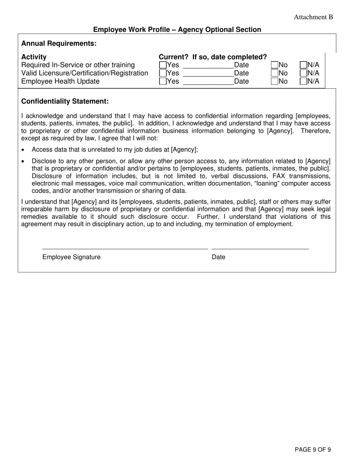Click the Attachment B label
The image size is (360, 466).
pos(313,17)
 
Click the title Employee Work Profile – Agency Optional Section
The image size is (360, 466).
pos(177,30)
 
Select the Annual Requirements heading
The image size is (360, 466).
pos(59,44)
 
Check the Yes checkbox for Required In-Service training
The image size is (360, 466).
pos(163,65)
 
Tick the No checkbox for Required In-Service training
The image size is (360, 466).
pos(275,65)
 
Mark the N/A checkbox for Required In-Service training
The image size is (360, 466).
pos(303,65)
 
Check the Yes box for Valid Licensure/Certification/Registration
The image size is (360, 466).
pos(163,73)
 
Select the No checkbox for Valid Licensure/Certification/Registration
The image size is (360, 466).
pos(275,73)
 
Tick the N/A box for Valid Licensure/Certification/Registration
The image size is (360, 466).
pos(303,73)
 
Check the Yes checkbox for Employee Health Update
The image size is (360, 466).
pos(163,81)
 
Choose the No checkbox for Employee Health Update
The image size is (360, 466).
pos(275,81)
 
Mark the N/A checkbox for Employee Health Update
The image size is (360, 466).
pos(303,81)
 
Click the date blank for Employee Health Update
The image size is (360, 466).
pos(208,82)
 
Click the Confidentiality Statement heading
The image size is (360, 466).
pos(65,102)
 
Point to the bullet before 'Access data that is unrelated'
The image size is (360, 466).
pos(23,150)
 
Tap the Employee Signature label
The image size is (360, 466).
pos(71,257)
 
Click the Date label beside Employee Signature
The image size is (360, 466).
pos(218,257)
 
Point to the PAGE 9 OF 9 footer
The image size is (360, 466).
pos(313,450)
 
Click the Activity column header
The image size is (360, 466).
pos(34,57)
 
